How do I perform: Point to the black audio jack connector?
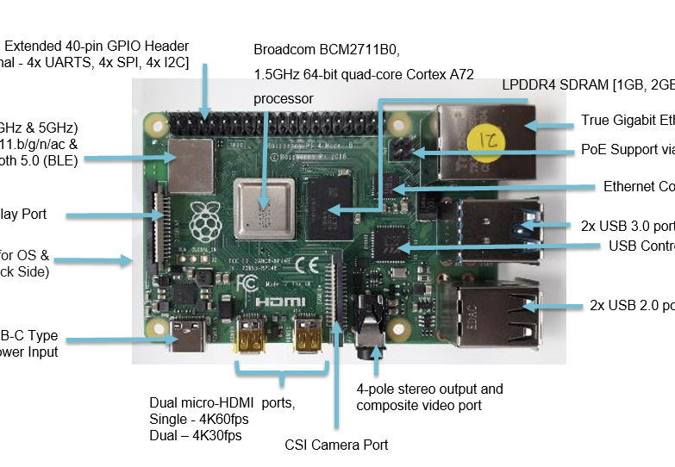click(x=368, y=332)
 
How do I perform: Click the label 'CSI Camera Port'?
click(x=336, y=445)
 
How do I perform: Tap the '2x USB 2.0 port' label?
click(x=631, y=305)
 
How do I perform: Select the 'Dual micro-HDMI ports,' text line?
click(x=222, y=402)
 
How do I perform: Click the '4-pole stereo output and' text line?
click(x=429, y=389)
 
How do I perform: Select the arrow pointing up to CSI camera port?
click(x=337, y=379)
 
